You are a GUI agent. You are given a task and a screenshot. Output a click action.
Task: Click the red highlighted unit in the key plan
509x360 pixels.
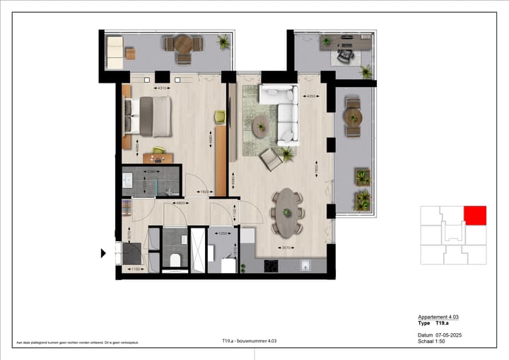[475, 215]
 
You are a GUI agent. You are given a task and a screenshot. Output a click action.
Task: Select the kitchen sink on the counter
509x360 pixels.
[305, 266]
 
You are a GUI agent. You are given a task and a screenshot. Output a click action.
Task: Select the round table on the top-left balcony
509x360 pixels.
[183, 45]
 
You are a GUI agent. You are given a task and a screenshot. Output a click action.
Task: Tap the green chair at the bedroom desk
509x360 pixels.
[158, 150]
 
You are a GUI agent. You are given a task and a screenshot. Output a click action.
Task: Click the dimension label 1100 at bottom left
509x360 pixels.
[135, 269]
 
